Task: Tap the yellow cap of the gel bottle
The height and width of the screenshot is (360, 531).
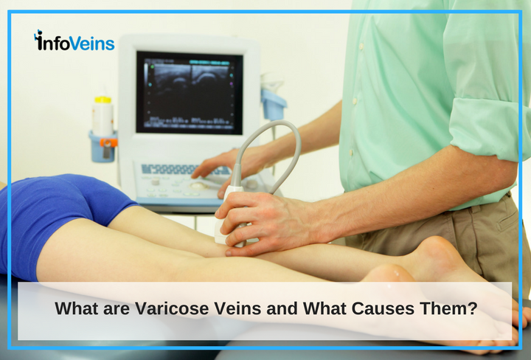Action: coord(103,100)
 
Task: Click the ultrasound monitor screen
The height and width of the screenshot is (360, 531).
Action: coord(190,92)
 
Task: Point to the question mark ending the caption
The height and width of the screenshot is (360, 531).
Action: coord(473,308)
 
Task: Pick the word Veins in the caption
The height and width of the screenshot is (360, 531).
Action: coord(237,308)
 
